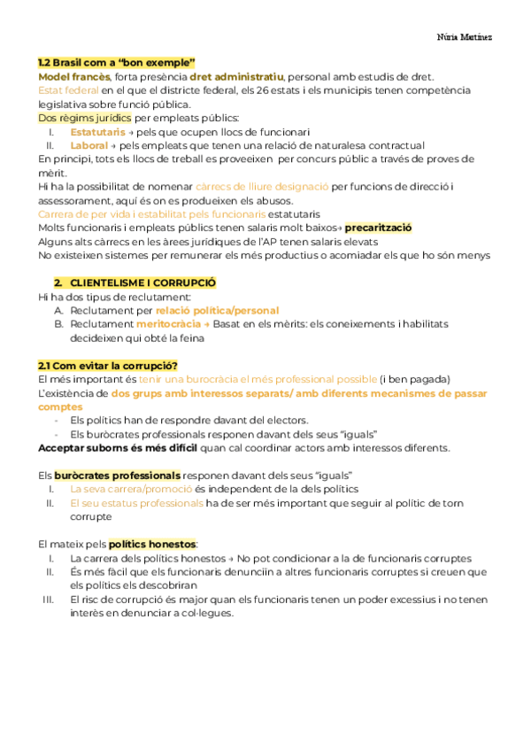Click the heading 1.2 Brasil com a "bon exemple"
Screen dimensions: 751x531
pyautogui.click(x=116, y=63)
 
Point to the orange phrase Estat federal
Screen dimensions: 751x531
pyautogui.click(x=68, y=90)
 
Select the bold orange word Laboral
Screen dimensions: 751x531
pyautogui.click(x=88, y=145)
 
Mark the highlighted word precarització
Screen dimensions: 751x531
pyautogui.click(x=378, y=228)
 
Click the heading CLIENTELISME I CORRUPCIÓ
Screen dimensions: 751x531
pyautogui.click(x=143, y=283)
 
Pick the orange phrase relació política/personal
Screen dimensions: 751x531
pyautogui.click(x=217, y=310)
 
